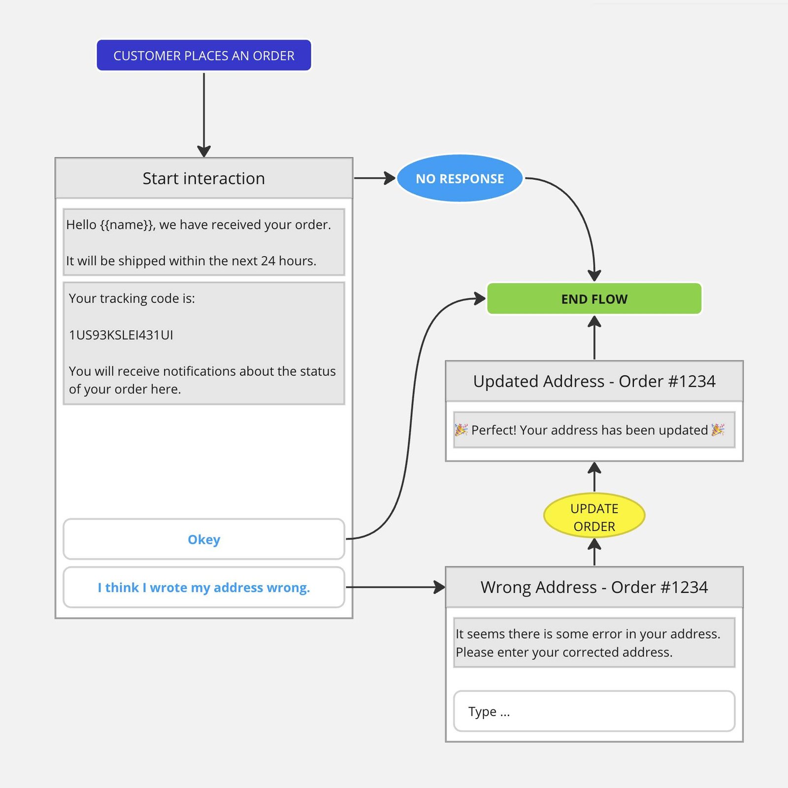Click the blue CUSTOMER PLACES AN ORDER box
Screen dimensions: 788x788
click(x=204, y=55)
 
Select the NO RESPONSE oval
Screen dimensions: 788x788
click(x=460, y=178)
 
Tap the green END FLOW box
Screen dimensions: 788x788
click(x=594, y=298)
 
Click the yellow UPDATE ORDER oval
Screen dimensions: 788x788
click(x=594, y=515)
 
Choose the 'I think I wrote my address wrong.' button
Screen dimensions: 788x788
click(x=204, y=587)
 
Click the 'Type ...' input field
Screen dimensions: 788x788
click(x=594, y=711)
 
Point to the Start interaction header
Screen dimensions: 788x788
click(x=204, y=178)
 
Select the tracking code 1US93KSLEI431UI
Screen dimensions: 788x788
click(x=121, y=335)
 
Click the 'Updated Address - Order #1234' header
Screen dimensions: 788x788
click(x=594, y=381)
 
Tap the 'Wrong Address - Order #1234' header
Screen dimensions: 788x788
click(x=594, y=587)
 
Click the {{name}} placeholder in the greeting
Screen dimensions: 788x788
click(x=126, y=225)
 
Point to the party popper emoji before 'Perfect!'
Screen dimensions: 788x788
click(x=461, y=430)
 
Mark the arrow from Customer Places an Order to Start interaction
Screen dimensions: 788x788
click(x=204, y=114)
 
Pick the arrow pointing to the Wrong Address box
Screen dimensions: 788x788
click(x=395, y=587)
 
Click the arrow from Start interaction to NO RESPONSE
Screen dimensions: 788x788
click(x=375, y=178)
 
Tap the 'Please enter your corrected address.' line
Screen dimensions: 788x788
click(x=564, y=652)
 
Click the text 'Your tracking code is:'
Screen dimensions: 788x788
click(x=132, y=298)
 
